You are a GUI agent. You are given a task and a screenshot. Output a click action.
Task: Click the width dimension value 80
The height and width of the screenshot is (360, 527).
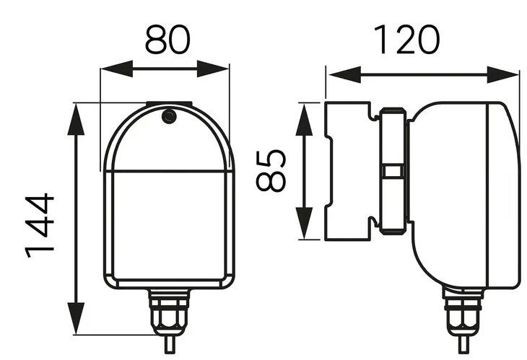pos(165,40)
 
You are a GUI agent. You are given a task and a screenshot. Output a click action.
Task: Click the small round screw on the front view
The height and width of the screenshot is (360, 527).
pos(169,115)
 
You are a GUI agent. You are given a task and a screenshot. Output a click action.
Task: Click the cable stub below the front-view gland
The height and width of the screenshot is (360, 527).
pos(170,344)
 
